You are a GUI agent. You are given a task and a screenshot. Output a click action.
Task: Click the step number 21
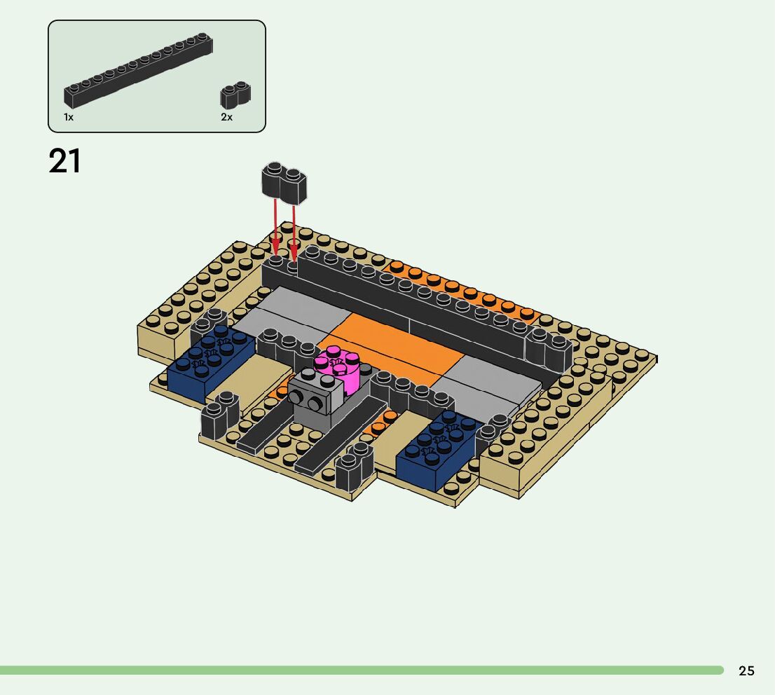(64, 161)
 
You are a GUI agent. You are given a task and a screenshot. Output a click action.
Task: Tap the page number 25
(746, 670)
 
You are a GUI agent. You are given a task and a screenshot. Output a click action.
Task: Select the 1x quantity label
(68, 117)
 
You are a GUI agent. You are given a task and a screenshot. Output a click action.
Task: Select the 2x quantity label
(226, 117)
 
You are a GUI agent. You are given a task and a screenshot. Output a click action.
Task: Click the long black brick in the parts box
(139, 69)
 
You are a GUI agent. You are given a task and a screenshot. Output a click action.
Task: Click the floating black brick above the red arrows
(284, 182)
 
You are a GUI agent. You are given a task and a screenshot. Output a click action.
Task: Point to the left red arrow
(275, 228)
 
